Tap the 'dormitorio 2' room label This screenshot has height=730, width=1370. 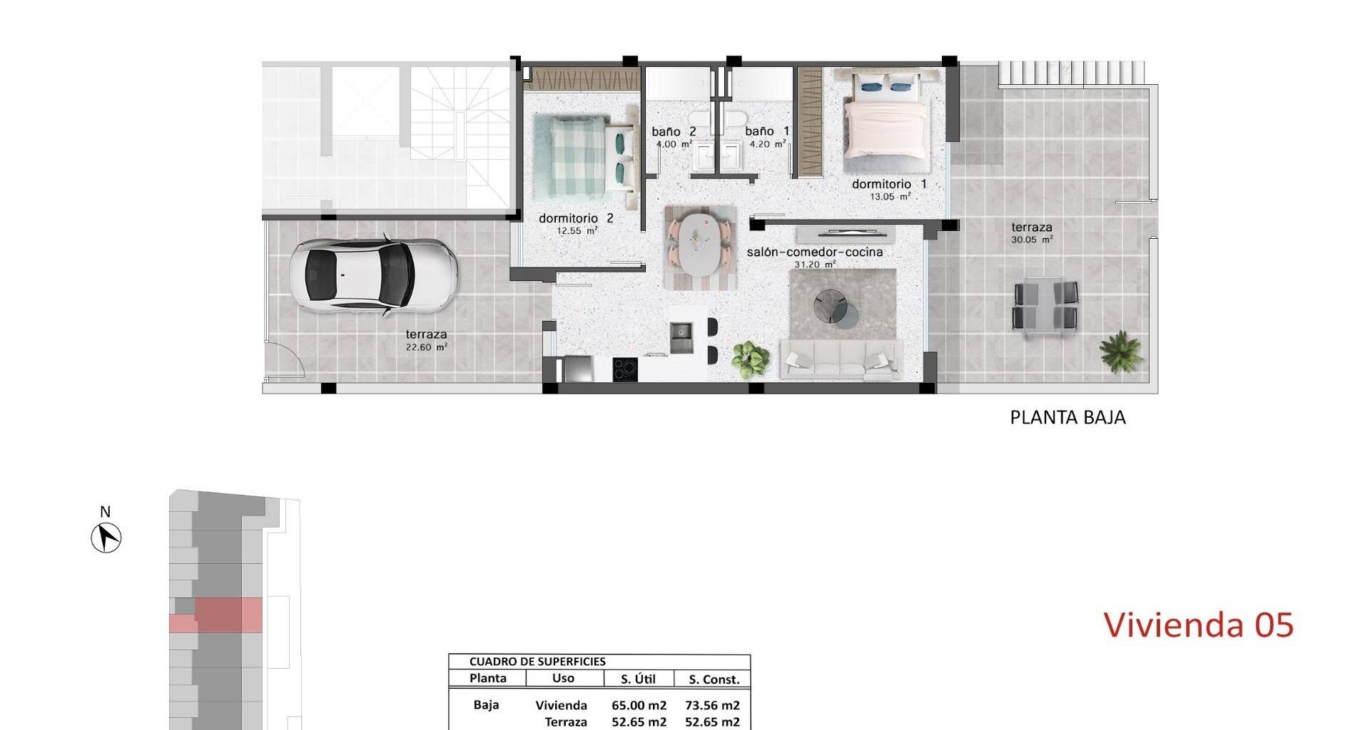pos(576,218)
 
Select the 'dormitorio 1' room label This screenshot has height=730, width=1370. pos(889,184)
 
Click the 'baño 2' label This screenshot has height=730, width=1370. pos(674,131)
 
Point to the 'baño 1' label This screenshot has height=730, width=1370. pos(768,131)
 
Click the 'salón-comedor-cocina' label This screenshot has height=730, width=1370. pos(815,252)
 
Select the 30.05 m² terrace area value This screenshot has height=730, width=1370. pos(1032,240)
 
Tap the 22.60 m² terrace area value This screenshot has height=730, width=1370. pos(426,347)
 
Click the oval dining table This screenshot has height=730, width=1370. pos(699,246)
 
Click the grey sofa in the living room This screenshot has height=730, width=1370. pos(841,360)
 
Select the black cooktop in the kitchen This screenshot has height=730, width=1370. pos(626,369)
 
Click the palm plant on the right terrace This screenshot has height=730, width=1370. pos(1121,351)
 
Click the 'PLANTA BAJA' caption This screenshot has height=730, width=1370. pos(1067,417)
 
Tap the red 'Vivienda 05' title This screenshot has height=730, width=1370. pos(1199,625)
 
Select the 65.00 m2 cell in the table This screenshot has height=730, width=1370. pos(639,705)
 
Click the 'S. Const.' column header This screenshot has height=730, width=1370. pos(711,679)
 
